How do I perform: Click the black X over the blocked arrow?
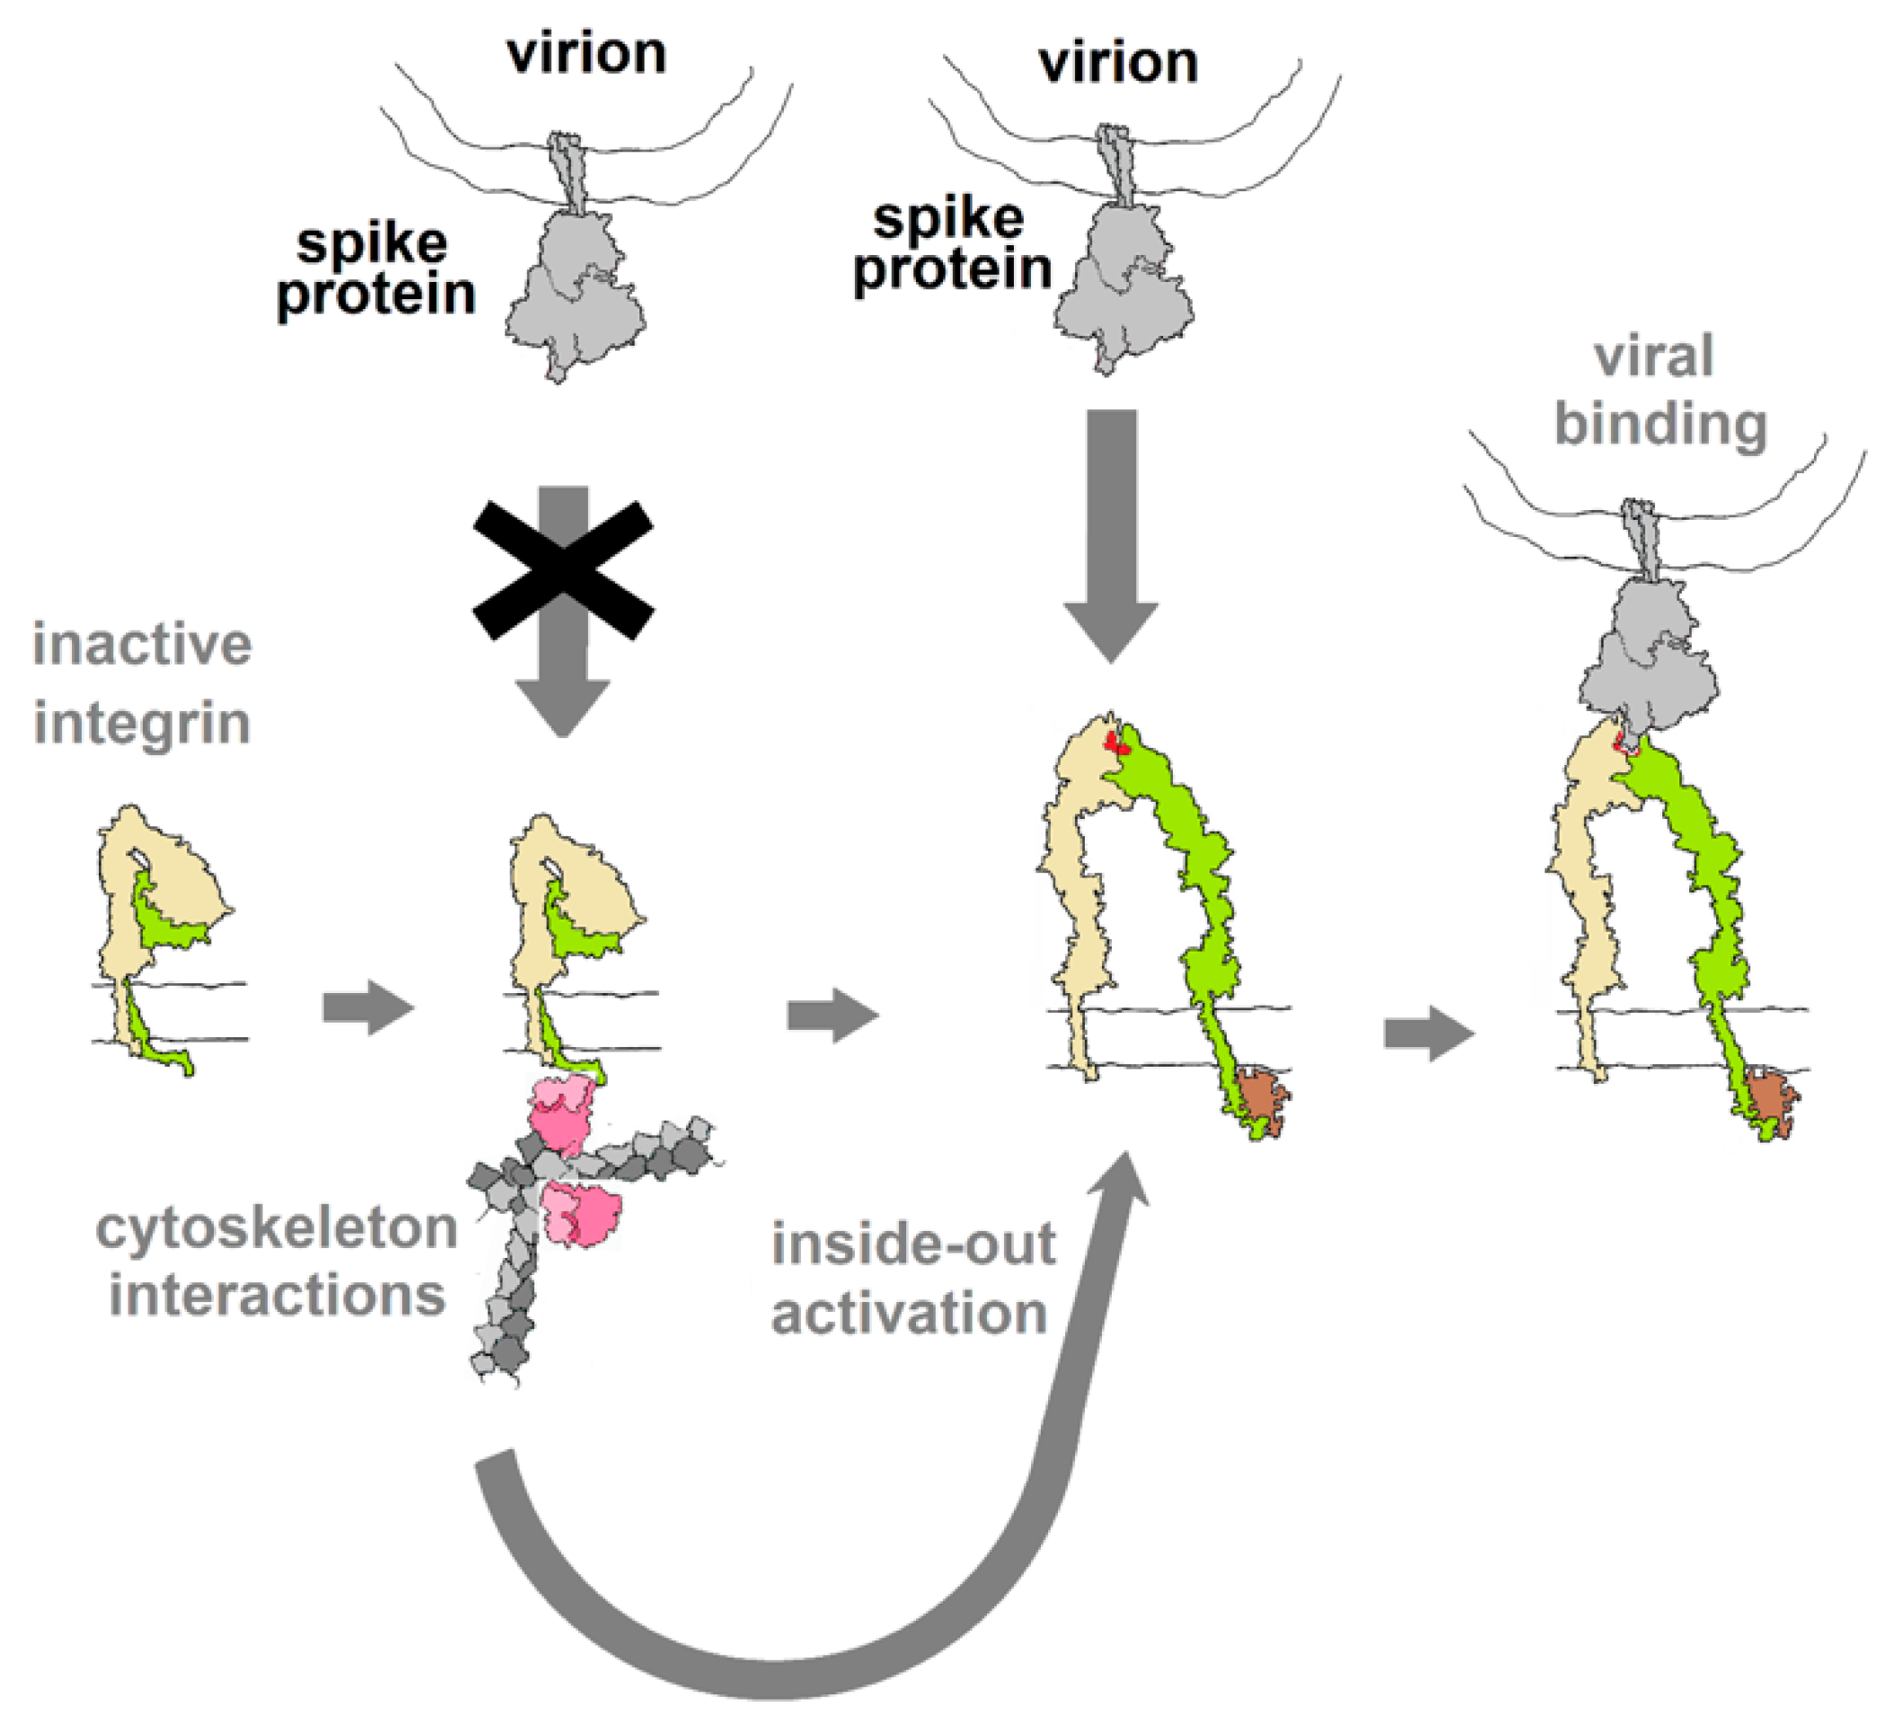click(563, 569)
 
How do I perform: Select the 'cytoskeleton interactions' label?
click(276, 1262)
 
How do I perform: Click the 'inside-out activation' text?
click(912, 1278)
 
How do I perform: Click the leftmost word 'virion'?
click(586, 53)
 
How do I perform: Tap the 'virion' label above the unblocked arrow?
click(1118, 64)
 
